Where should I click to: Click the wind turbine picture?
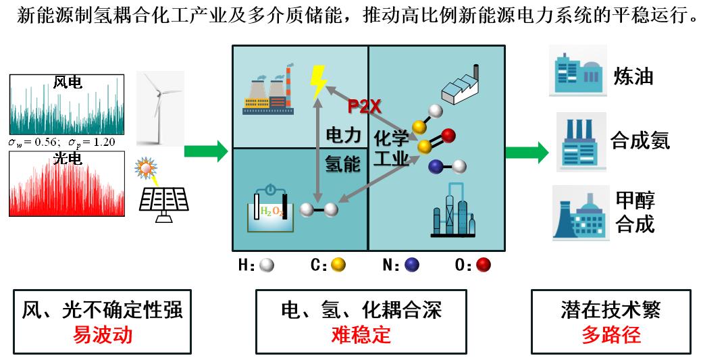click(x=159, y=108)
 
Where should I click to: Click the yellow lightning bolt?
click(x=317, y=82)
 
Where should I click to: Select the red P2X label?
click(x=365, y=106)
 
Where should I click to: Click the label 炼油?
click(x=633, y=76)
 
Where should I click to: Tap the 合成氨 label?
click(x=640, y=140)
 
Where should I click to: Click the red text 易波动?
click(x=102, y=334)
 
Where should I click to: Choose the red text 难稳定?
click(x=361, y=334)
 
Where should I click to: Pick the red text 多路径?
click(x=611, y=334)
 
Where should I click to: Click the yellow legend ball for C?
click(x=338, y=265)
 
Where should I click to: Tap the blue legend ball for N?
click(x=411, y=265)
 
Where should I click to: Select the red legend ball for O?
click(x=482, y=265)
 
